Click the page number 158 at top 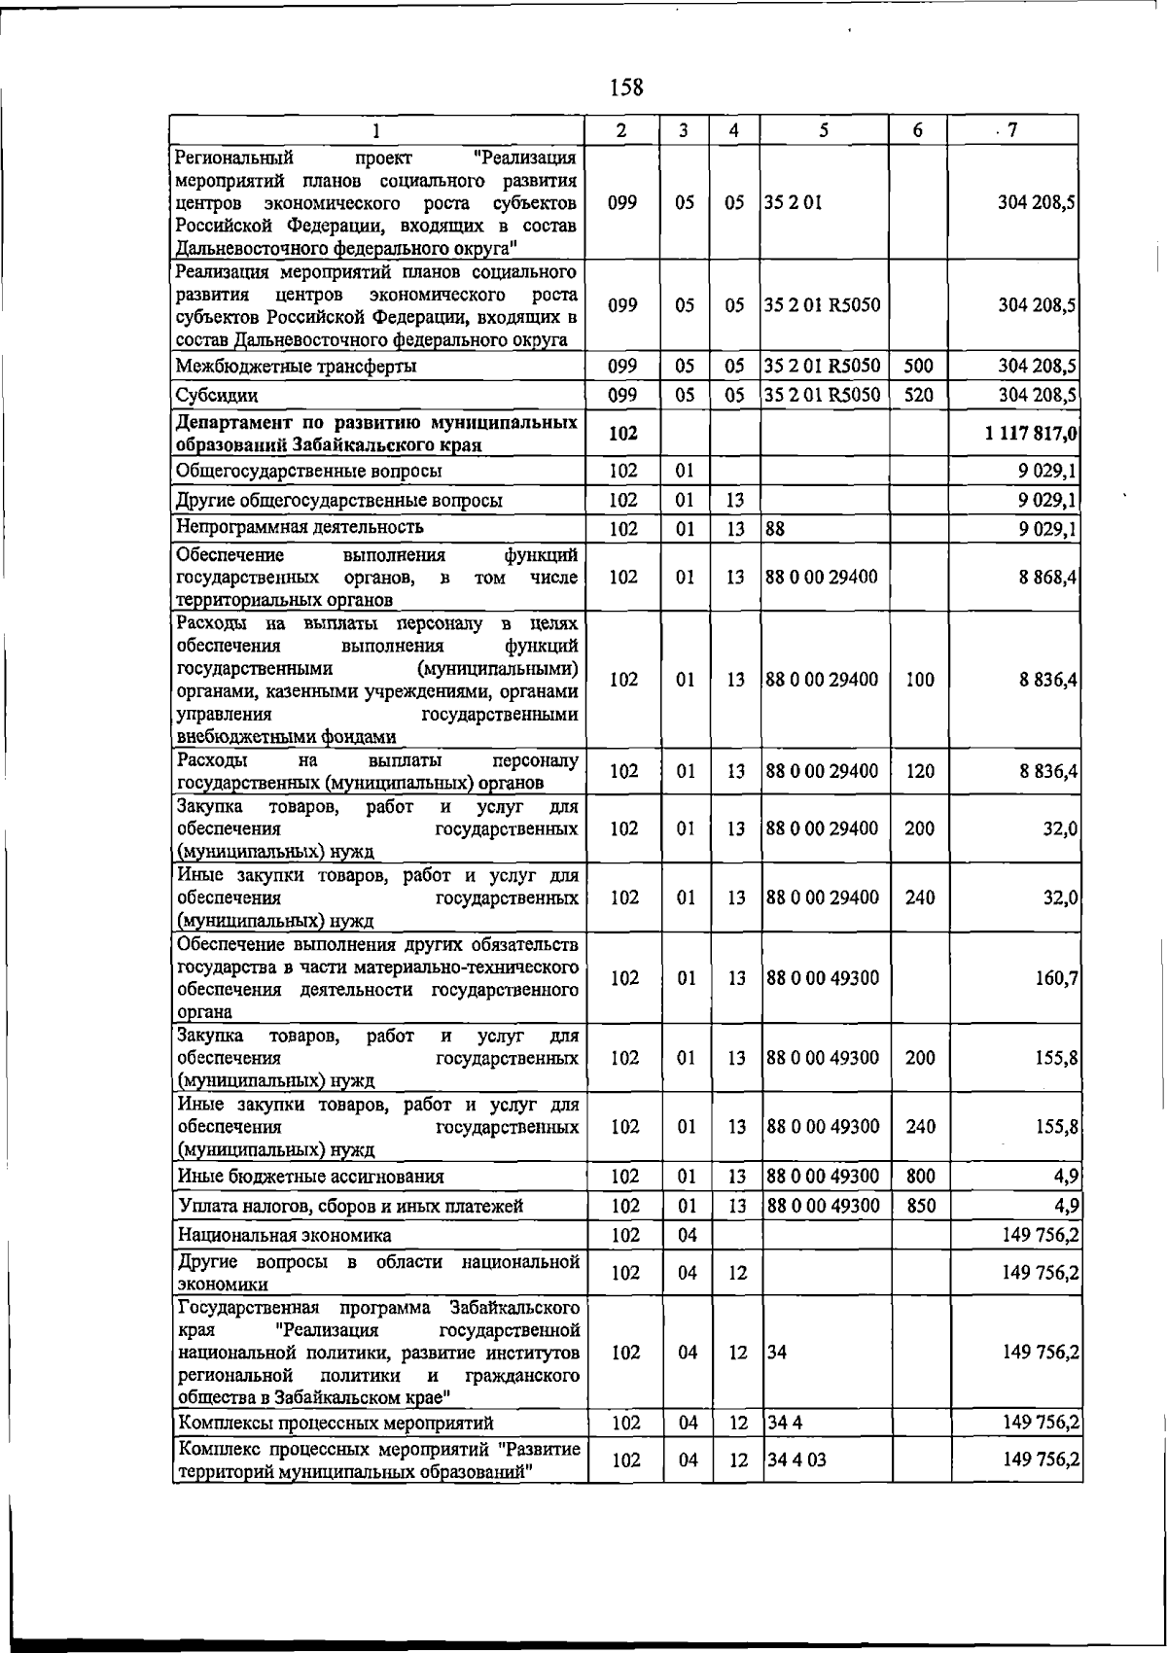[625, 88]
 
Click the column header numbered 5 [823, 130]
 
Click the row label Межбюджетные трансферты [297, 367]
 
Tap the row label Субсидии [217, 396]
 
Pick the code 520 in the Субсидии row [918, 396]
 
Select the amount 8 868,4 [1047, 578]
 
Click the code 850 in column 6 [920, 1207]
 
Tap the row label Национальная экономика [285, 1236]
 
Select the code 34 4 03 [796, 1460]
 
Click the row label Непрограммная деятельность [300, 528]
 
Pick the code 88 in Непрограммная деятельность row [775, 529]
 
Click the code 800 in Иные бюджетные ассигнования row [920, 1177]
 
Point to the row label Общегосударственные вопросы [309, 472]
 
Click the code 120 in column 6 [920, 772]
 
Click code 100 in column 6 [920, 680]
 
